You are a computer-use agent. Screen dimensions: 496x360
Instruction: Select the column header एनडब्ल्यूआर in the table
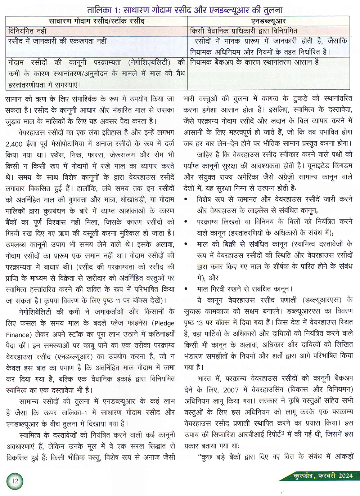(269, 21)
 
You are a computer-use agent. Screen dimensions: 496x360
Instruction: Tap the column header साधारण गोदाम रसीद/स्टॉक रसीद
(96, 21)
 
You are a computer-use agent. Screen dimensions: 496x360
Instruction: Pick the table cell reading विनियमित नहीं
(27, 31)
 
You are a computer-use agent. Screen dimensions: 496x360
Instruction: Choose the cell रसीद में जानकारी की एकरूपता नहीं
(57, 41)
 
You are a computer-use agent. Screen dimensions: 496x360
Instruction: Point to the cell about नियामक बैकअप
(254, 62)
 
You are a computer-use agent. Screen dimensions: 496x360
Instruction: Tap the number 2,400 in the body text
(14, 144)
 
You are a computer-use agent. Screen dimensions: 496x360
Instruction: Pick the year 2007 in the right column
(231, 390)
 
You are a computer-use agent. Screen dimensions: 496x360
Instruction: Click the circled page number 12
(14, 481)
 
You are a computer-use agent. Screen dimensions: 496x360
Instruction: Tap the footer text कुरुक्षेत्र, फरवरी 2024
(323, 476)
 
